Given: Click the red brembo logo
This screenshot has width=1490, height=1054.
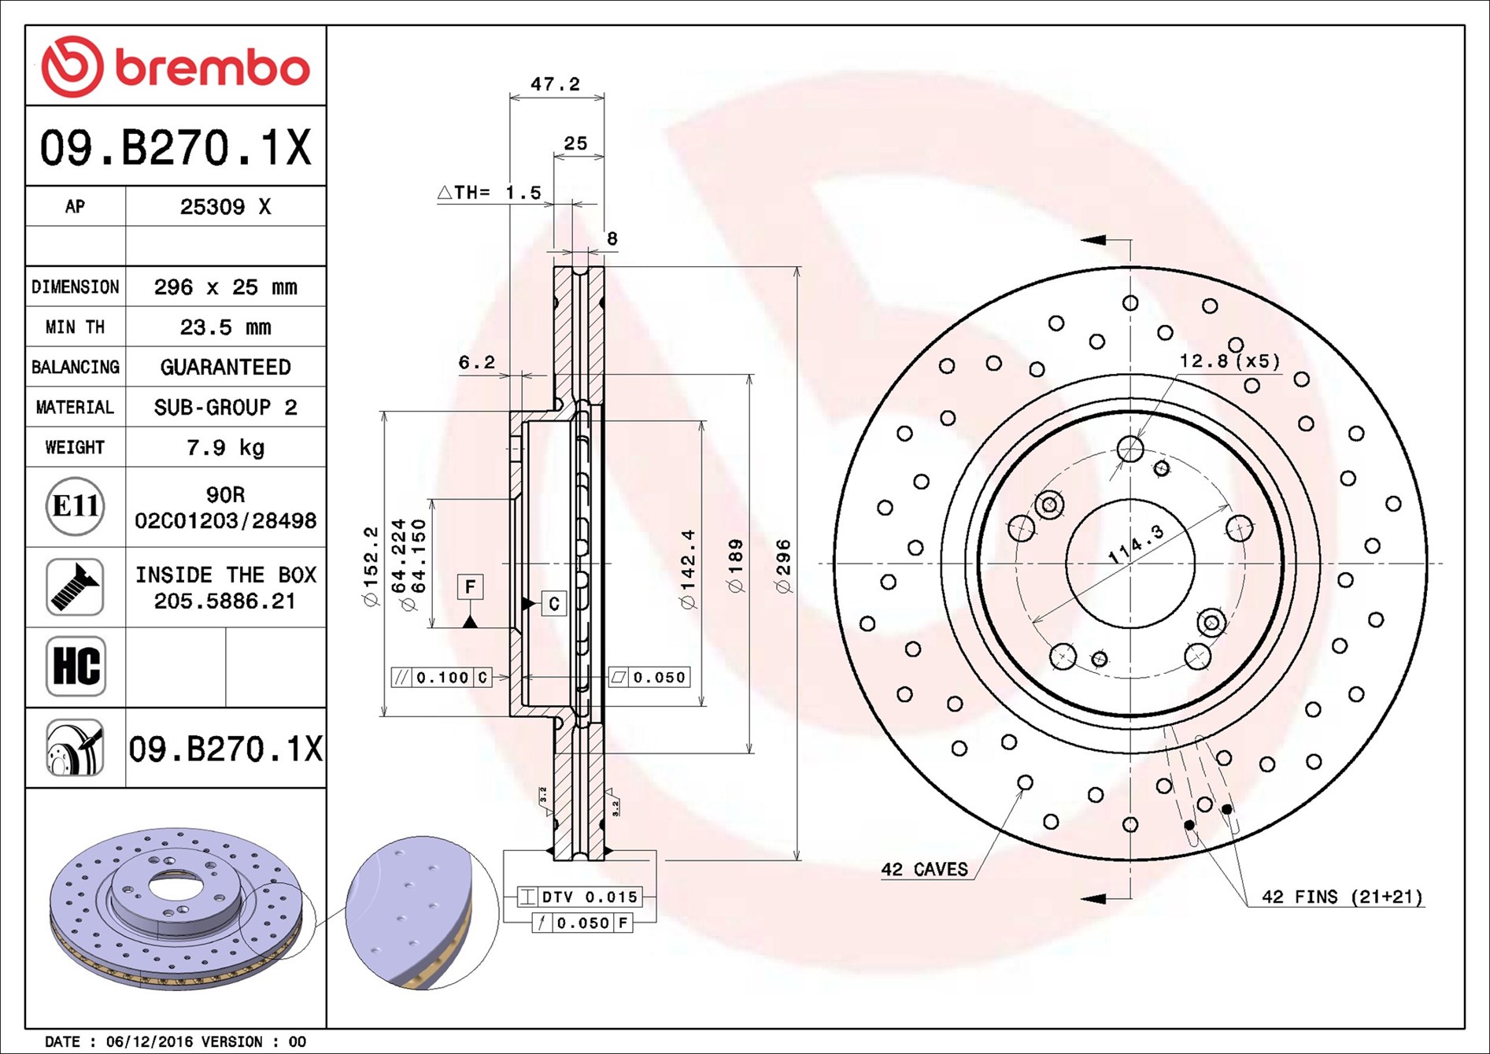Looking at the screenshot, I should click(175, 66).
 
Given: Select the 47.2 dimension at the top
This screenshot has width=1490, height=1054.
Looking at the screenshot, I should click(555, 84).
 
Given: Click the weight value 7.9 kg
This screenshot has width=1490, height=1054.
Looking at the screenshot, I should click(225, 448).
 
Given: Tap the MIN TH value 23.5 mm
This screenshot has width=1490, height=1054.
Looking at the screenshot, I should click(225, 327).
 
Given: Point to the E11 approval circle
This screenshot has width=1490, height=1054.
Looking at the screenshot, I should click(75, 506).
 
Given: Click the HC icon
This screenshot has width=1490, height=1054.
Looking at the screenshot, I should click(76, 666).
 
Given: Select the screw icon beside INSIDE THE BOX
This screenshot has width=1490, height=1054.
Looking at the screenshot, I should click(75, 587).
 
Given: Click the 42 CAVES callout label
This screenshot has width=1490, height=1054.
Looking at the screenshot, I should click(924, 870).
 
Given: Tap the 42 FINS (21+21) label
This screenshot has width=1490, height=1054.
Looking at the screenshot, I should click(1341, 897).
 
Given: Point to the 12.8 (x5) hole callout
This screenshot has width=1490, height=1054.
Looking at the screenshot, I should click(1229, 361).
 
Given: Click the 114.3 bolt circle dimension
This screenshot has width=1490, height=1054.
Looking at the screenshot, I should click(1135, 544).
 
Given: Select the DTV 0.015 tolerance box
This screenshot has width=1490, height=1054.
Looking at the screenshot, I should click(580, 897).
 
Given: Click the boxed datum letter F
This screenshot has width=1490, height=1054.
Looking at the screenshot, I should click(470, 586).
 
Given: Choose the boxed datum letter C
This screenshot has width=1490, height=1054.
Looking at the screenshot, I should click(553, 604).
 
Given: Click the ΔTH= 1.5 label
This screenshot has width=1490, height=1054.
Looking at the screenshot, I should click(490, 193).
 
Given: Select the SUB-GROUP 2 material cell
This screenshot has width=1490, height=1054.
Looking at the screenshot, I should click(225, 408).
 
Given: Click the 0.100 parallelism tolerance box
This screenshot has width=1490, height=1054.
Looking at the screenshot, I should click(442, 678).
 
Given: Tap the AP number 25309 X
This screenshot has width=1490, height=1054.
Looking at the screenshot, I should click(225, 207).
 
